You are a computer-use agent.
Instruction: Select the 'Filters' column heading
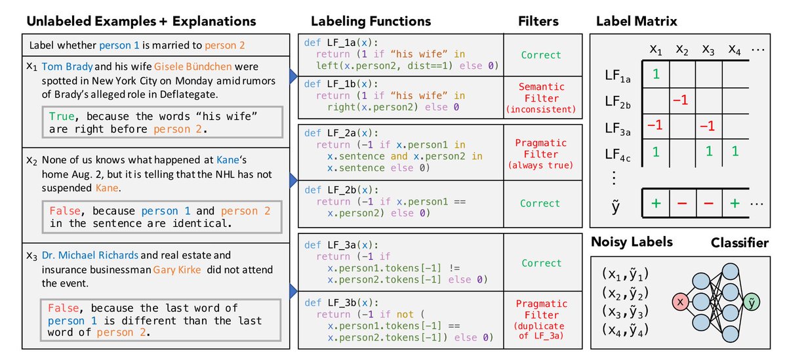(x=537, y=21)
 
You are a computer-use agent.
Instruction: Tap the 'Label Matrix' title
(x=636, y=21)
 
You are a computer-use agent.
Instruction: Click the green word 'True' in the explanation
(x=62, y=116)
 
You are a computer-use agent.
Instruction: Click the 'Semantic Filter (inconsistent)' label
(x=541, y=97)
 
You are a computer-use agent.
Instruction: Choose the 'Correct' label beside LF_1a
(x=541, y=56)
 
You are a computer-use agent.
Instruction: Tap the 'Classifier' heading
(x=740, y=243)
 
